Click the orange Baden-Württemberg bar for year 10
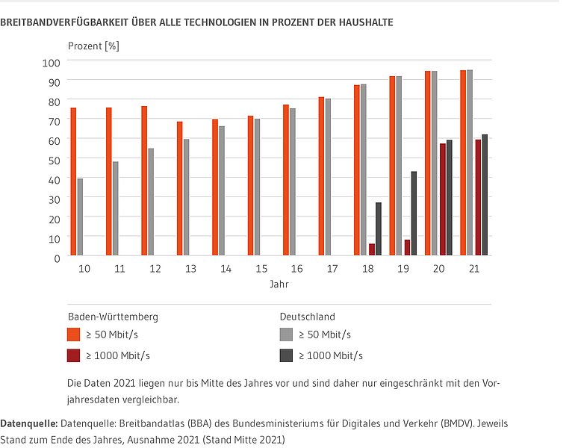click(73, 182)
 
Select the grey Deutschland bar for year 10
click(80, 217)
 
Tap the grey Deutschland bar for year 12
click(151, 202)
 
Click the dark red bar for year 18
click(372, 249)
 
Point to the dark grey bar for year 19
click(414, 214)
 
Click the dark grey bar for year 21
click(485, 196)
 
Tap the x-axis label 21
click(473, 267)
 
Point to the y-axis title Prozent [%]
click(93, 46)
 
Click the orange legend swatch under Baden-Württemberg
click(74, 334)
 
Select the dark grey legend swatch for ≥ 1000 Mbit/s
click(286, 355)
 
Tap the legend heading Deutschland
click(306, 316)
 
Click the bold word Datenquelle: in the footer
click(28, 423)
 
